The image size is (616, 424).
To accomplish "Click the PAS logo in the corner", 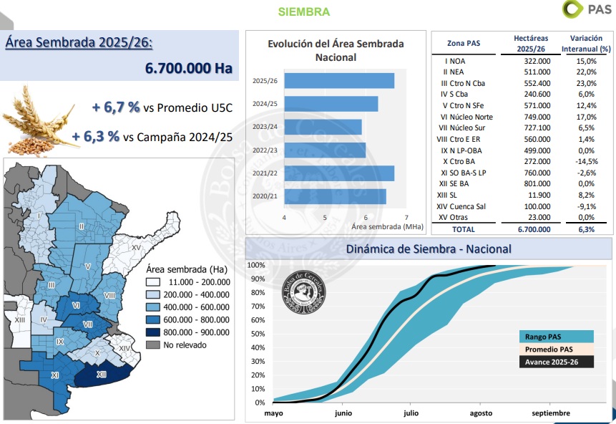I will (587, 9).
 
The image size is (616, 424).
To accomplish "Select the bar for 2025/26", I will (339, 81).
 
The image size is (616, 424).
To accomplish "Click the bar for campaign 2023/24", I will (323, 127).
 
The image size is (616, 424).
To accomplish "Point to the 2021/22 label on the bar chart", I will (265, 173).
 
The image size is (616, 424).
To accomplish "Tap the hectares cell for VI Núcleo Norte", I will (532, 117).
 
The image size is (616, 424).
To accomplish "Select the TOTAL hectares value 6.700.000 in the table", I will (532, 229).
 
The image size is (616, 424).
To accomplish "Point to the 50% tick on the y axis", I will (258, 334).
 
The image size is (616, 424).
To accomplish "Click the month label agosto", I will (481, 413).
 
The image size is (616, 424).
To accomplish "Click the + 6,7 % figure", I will (115, 107).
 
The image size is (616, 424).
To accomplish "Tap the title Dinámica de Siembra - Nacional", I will (428, 249).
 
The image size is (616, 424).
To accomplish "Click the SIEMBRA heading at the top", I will (303, 11).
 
